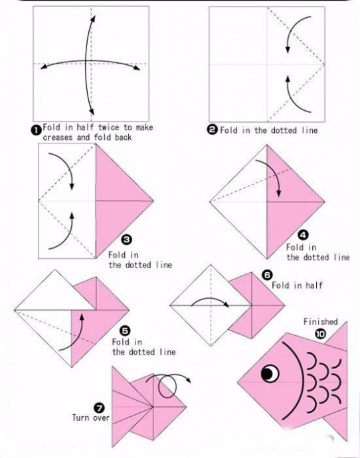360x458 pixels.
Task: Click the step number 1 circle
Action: point(36,130)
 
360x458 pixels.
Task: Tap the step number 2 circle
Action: point(212,129)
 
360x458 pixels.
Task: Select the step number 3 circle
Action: point(126,240)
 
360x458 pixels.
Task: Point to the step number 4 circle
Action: point(303,234)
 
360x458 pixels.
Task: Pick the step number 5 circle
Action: point(125,331)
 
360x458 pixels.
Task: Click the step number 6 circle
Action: point(268,275)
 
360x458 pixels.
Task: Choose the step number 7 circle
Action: point(99,408)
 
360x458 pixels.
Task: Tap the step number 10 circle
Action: point(320,334)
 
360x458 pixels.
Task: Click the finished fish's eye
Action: point(270,374)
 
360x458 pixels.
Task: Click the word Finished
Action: point(320,322)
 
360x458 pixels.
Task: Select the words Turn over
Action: point(91,418)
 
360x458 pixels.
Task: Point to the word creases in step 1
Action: point(58,137)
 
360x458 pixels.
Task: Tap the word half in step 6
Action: point(314,285)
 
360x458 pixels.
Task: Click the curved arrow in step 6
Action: point(211,299)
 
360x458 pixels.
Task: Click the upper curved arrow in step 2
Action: point(292,28)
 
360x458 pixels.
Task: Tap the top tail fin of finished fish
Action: point(337,337)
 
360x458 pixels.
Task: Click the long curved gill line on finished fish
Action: point(301,380)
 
